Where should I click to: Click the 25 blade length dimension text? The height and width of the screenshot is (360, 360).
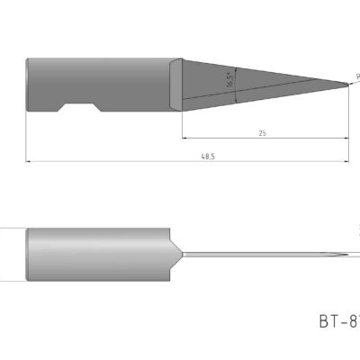click(x=262, y=133)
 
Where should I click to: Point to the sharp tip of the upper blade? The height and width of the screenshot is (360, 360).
click(x=350, y=85)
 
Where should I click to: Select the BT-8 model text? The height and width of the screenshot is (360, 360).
click(x=338, y=319)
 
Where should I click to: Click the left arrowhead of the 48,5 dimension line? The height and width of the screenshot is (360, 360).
click(x=30, y=162)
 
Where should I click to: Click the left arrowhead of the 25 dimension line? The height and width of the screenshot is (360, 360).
click(x=185, y=139)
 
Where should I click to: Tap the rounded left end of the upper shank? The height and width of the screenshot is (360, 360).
click(x=29, y=85)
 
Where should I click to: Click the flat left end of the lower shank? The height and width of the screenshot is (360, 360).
click(x=29, y=255)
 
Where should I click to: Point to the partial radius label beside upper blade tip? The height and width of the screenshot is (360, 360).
click(x=356, y=78)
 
